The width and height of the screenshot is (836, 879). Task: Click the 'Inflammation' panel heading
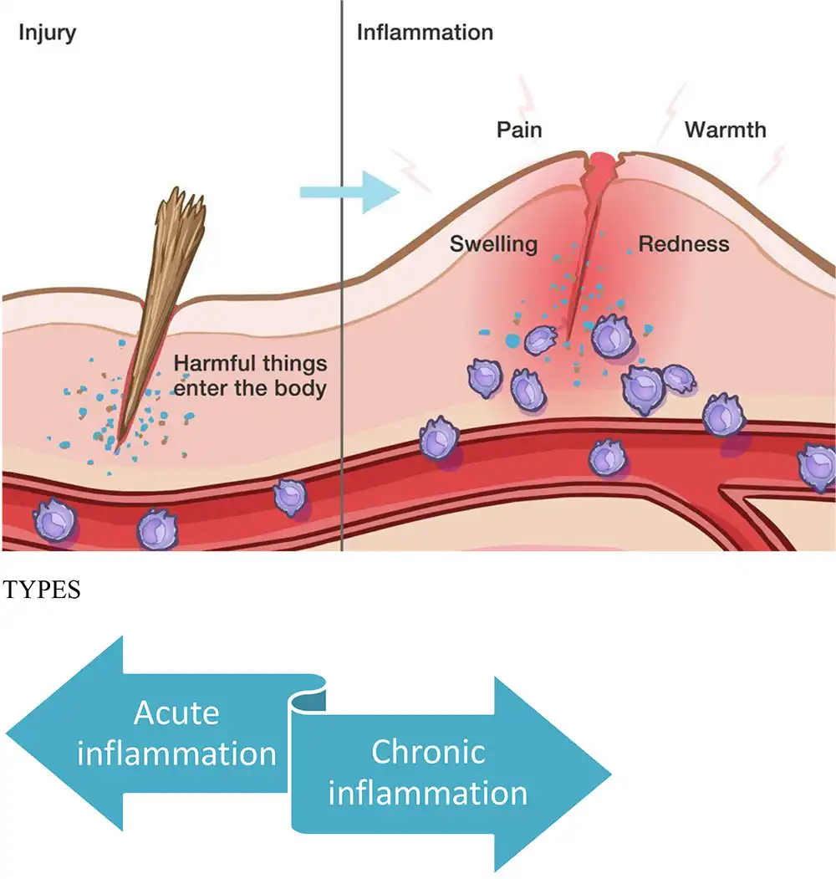(425, 33)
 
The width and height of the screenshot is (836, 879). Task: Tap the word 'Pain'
(519, 130)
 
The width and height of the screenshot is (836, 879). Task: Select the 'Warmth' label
(725, 130)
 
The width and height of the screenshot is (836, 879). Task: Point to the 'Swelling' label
(493, 244)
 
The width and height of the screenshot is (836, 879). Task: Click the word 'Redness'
(683, 244)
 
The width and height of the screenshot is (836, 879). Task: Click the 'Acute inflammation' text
(176, 733)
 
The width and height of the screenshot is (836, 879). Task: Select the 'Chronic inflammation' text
(427, 771)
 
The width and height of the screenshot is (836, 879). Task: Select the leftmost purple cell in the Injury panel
(55, 518)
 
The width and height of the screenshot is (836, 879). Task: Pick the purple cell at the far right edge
(818, 468)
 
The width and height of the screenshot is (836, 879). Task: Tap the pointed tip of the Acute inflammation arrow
(8, 733)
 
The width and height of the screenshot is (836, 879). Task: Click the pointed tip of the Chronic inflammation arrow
(610, 773)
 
